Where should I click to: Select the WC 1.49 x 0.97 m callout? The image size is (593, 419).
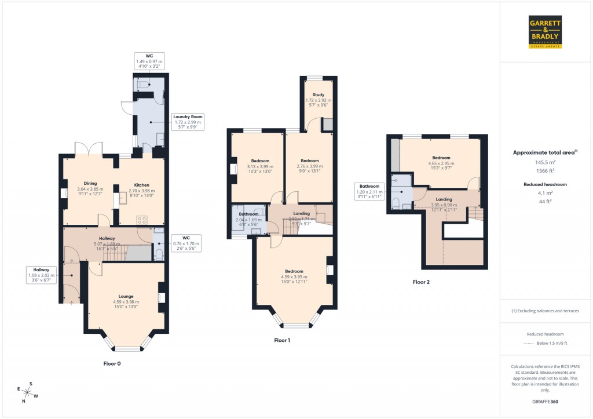click(x=149, y=61)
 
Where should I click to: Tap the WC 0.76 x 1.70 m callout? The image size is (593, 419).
click(x=186, y=244)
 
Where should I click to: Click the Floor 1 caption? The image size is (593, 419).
click(x=282, y=340)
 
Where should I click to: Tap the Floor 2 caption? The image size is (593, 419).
click(x=421, y=282)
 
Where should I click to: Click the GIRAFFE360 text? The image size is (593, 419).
click(x=546, y=401)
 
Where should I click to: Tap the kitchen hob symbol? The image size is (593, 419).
click(x=142, y=219)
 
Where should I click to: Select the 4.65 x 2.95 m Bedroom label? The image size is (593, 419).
click(x=441, y=161)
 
